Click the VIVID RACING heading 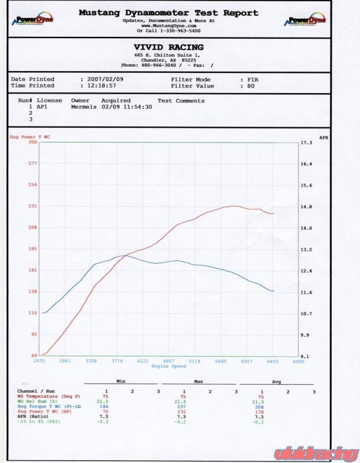(168, 47)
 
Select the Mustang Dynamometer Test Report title (168, 13)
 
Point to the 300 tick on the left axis (32, 142)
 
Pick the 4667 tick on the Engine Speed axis (168, 361)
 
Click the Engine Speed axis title (168, 366)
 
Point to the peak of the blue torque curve (123, 255)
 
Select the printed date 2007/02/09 (102, 79)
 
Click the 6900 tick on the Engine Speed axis (297, 361)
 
